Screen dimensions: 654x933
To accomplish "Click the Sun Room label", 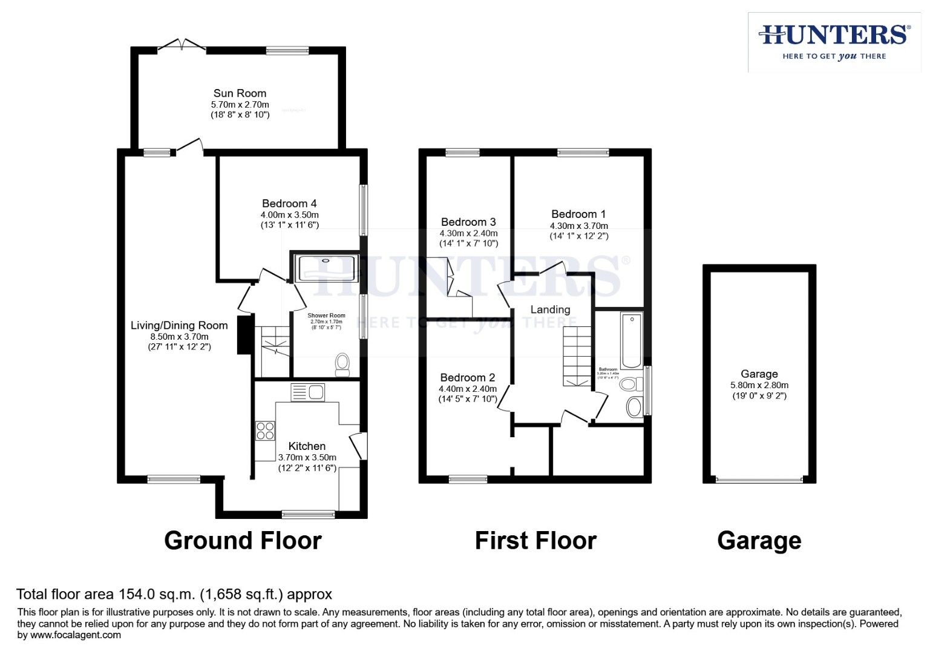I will coord(240,93).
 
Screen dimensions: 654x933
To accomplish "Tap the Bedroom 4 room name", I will coord(289,203).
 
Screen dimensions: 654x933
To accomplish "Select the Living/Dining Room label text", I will coord(179,325).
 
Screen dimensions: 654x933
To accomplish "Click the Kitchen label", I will coord(307,446).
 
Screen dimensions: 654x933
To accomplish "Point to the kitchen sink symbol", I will coord(308,392).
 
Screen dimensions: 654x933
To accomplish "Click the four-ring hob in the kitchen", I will coord(265,431).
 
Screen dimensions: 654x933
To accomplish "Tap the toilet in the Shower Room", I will coord(342,365).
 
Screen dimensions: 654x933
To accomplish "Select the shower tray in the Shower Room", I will coord(326,268).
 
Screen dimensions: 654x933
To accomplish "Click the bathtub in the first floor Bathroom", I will coord(632,340).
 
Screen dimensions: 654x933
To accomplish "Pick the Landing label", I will coord(550,309).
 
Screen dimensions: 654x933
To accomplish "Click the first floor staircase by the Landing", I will coord(577,356).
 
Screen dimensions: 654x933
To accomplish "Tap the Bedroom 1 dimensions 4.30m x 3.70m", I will coord(579,226).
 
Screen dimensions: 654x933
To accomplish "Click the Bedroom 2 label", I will coord(468,377).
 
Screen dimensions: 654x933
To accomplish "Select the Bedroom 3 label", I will coord(468,222).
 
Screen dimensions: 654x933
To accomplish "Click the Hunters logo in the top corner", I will coord(834,41).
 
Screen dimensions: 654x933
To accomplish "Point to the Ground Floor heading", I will coord(243,540).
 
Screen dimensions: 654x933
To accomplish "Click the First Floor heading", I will coord(535,540).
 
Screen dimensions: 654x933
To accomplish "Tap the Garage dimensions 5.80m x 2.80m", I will coord(759,385).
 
